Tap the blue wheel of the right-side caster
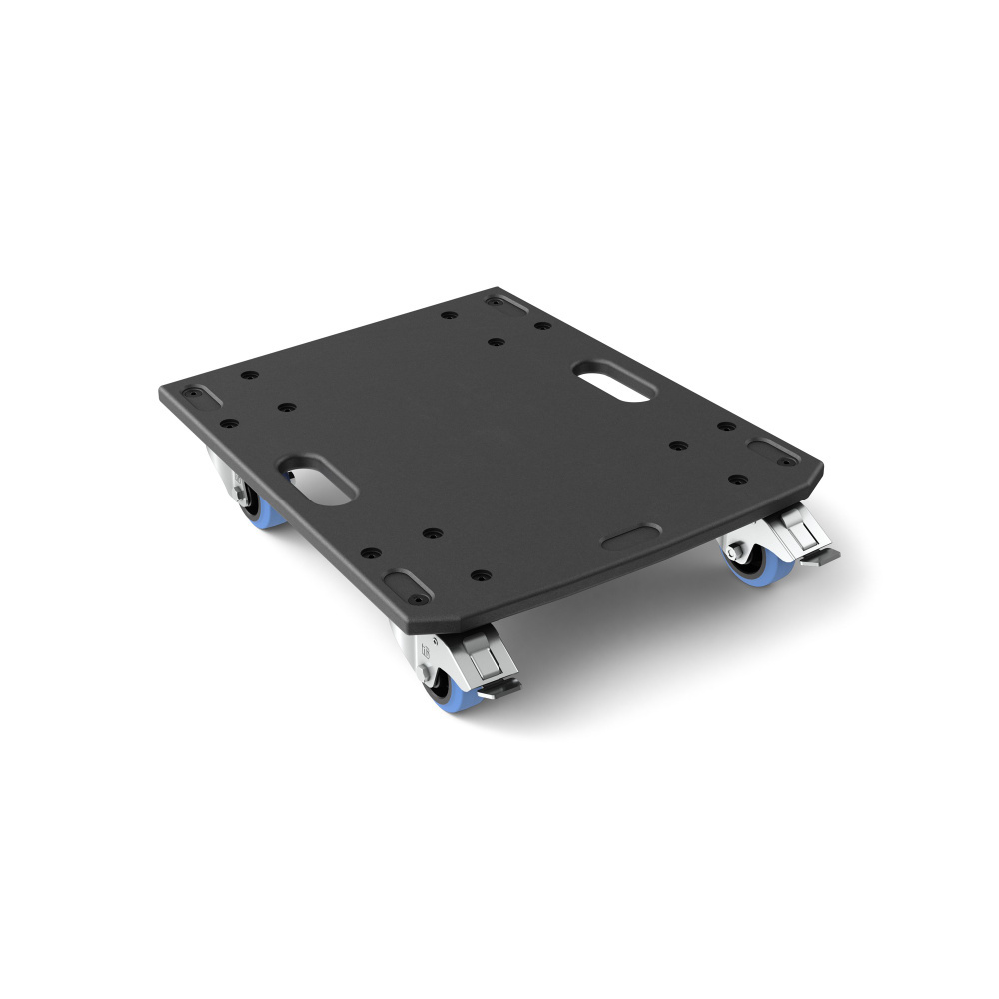coord(747,570)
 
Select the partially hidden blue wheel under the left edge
coord(265,514)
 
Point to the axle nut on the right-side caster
coord(734,551)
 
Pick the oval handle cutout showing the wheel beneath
coord(319,479)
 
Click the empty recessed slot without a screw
coord(630,538)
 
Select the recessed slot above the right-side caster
coord(775,451)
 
